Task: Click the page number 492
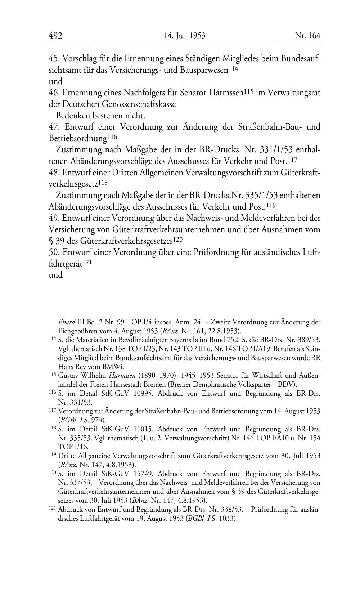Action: coord(55,36)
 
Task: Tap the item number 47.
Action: coord(54,127)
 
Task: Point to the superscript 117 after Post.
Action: coord(293,160)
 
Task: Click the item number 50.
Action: coord(54,252)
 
